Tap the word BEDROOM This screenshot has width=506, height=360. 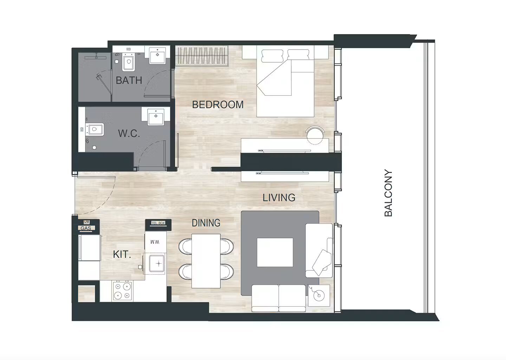click(x=218, y=105)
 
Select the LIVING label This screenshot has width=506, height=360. click(x=279, y=198)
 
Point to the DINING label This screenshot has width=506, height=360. click(x=206, y=223)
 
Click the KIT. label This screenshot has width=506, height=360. click(x=122, y=255)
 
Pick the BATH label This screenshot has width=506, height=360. click(x=129, y=81)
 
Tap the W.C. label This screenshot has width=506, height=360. click(x=129, y=134)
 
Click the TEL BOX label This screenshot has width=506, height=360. click(x=158, y=223)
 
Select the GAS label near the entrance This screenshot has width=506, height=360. click(x=86, y=228)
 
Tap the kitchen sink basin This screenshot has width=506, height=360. click(x=157, y=264)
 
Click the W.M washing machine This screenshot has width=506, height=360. click(x=155, y=242)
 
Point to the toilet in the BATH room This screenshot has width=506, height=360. click(x=129, y=62)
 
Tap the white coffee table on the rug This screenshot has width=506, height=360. click(x=275, y=252)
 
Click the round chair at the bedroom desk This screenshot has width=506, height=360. click(x=315, y=135)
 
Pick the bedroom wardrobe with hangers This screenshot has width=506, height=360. click(x=202, y=56)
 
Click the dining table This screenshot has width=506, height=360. click(x=206, y=261)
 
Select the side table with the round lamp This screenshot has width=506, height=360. click(x=319, y=296)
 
